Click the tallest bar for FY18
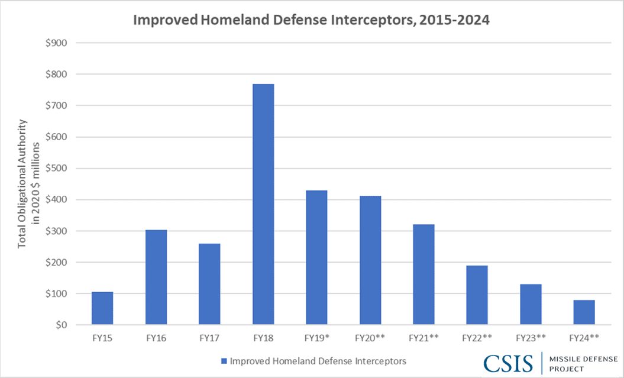tap(263, 204)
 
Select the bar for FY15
tap(102, 308)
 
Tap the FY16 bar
tap(156, 277)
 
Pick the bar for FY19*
tap(316, 257)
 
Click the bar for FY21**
tap(423, 274)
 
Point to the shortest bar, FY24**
tap(584, 312)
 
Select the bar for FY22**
tap(477, 295)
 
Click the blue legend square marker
tap(224, 361)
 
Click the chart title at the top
tap(312, 20)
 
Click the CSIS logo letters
tap(509, 363)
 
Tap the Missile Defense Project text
tap(583, 364)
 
